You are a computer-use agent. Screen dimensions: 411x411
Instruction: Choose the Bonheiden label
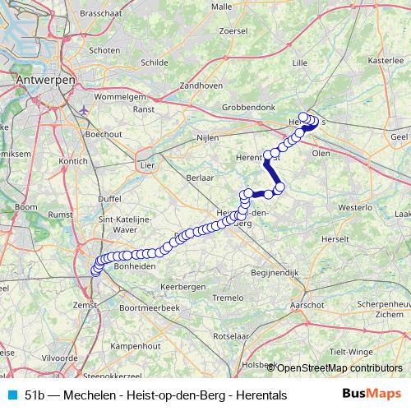[x=134, y=267]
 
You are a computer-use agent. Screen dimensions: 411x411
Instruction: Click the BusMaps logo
[x=372, y=395]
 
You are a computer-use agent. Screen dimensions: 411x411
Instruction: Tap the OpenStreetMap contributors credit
[x=338, y=367]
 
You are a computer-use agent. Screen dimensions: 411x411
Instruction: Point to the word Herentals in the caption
[x=261, y=395]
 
